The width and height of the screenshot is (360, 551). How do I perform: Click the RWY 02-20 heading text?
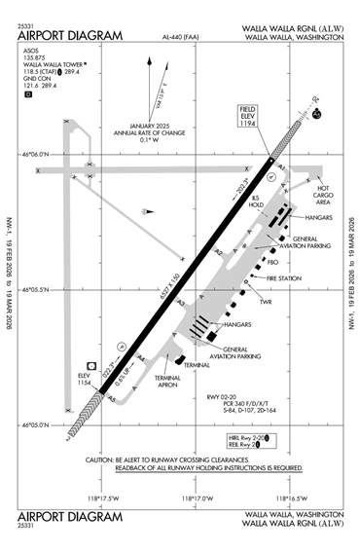[226, 397]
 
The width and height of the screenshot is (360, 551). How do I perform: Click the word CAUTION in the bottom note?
[102, 459]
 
